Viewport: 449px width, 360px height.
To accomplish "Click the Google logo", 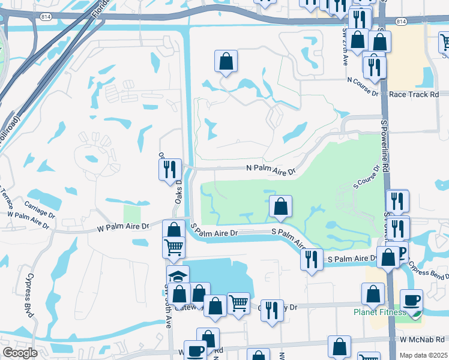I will tap(20, 353).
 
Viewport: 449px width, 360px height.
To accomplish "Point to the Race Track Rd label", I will tap(414, 94).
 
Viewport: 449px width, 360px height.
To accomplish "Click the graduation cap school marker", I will tap(178, 276).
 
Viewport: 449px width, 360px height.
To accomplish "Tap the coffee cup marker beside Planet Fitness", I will tap(411, 300).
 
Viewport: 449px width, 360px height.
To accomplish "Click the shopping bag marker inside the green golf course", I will tap(280, 206).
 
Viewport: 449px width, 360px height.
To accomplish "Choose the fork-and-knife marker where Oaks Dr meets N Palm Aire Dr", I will tap(170, 169).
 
